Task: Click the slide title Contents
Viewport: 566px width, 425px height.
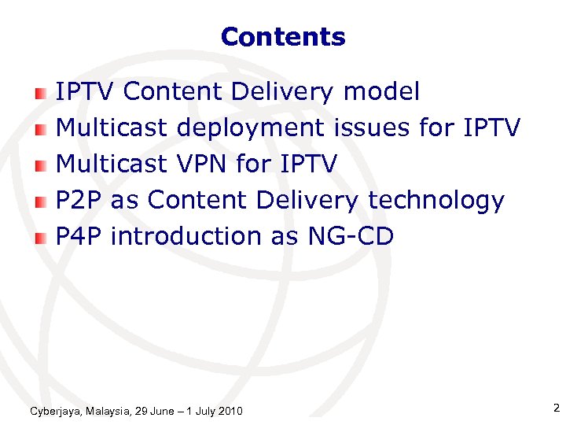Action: tap(283, 37)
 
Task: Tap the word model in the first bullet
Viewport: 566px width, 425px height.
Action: tap(382, 92)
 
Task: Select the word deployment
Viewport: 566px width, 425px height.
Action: tap(250, 128)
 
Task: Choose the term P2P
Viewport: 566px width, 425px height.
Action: tap(79, 200)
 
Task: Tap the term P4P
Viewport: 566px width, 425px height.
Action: tap(79, 236)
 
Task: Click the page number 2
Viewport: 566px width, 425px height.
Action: tap(556, 408)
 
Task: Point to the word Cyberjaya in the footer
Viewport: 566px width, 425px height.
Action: tap(55, 412)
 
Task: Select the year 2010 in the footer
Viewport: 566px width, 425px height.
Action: tap(230, 412)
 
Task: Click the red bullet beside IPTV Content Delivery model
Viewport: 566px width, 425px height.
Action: tap(40, 94)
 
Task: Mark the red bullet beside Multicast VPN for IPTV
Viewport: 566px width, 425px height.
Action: tap(40, 165)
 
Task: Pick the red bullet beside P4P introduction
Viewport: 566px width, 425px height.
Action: tap(40, 238)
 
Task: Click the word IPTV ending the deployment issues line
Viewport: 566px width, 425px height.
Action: tap(491, 128)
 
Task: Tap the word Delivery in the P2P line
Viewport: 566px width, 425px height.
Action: tap(309, 201)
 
